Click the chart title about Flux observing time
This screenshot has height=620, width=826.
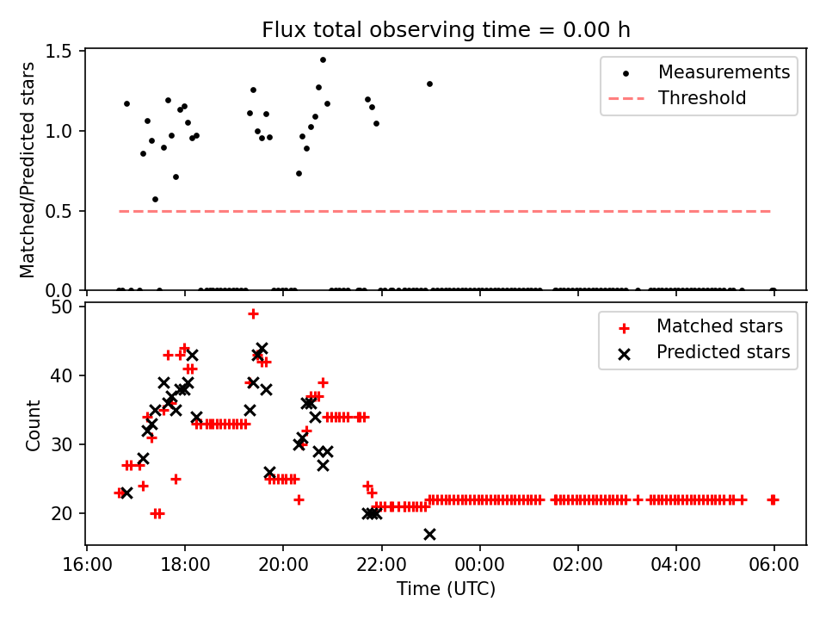pyautogui.click(x=446, y=30)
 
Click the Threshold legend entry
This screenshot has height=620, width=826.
pyautogui.click(x=702, y=98)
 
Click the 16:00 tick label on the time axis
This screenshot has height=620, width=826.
pyautogui.click(x=86, y=567)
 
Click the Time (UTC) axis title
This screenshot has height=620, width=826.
pyautogui.click(x=446, y=590)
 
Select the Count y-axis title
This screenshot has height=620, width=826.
pyautogui.click(x=34, y=425)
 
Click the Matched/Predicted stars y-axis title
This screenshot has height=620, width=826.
pyautogui.click(x=28, y=170)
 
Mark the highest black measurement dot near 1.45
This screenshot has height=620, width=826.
pyautogui.click(x=323, y=60)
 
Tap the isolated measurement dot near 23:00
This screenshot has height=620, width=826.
pyautogui.click(x=429, y=84)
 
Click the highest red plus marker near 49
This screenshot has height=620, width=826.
pyautogui.click(x=253, y=313)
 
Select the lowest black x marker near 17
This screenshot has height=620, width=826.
pyautogui.click(x=429, y=534)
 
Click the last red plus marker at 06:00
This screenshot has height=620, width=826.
pyautogui.click(x=773, y=499)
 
